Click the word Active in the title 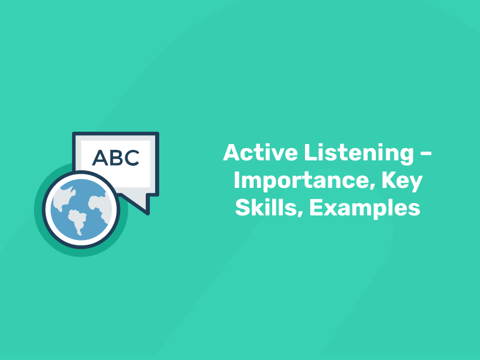coord(260,153)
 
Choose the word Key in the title coord(402,181)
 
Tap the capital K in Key coord(389,181)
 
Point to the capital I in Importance coord(237,181)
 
